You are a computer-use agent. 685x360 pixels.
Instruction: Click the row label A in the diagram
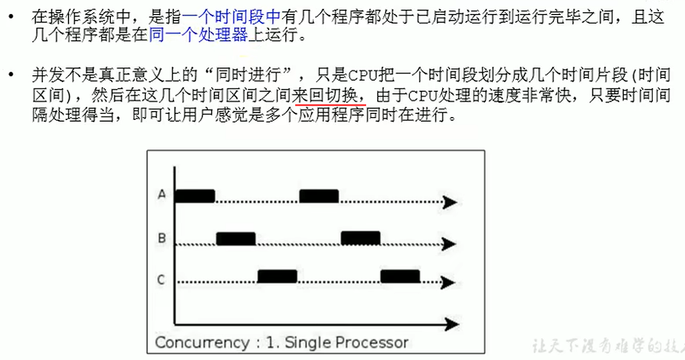(162, 195)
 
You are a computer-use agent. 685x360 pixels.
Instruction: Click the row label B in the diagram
(162, 238)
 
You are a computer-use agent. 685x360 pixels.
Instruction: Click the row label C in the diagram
(162, 279)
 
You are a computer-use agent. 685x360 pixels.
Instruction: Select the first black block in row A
(195, 196)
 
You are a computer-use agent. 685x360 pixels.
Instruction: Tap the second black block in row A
(319, 196)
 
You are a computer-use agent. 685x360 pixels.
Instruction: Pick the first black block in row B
(236, 238)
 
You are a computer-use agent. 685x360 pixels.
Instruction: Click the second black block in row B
(360, 238)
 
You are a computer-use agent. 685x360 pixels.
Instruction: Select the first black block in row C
(277, 276)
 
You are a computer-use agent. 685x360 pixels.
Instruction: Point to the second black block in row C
(400, 276)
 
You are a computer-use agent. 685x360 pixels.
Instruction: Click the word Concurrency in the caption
(202, 342)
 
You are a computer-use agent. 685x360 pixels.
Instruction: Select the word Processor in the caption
(372, 342)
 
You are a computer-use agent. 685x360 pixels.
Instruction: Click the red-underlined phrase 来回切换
(330, 95)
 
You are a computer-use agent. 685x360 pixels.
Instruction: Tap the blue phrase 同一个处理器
(198, 35)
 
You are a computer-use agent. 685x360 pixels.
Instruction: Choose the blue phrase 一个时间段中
(232, 16)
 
